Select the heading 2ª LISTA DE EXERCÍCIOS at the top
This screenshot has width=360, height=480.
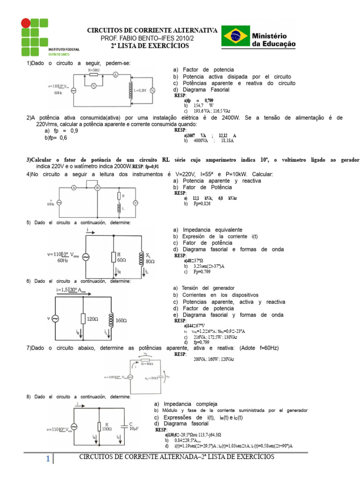coord(150,46)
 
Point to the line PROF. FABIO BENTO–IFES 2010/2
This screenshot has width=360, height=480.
coord(150,38)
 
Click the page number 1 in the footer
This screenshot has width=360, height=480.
coord(48,460)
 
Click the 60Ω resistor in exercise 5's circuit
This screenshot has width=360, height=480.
coord(113,257)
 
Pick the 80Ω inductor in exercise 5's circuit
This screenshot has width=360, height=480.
coord(141,257)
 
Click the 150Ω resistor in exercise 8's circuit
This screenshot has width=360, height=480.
coord(99,427)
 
